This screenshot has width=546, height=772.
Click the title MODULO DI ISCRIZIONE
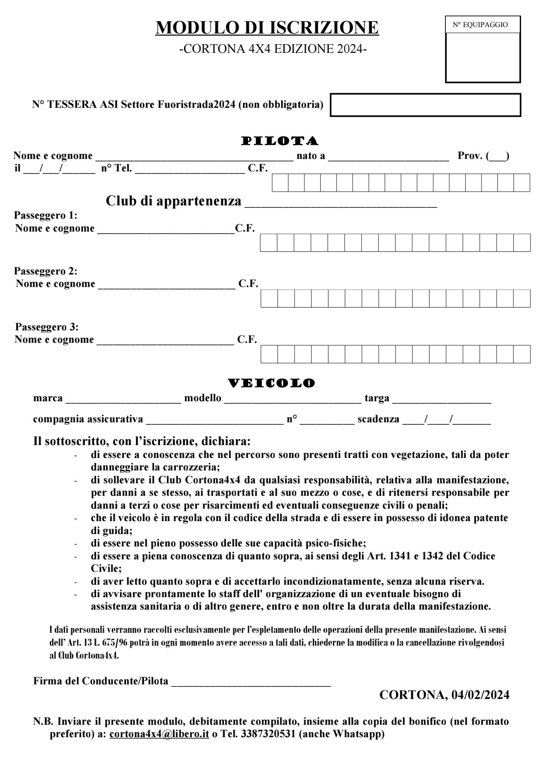pyautogui.click(x=267, y=27)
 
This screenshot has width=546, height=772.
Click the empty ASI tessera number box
pyautogui.click(x=425, y=105)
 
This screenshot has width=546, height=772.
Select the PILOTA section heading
pyautogui.click(x=280, y=141)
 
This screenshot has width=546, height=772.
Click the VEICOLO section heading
pyautogui.click(x=271, y=383)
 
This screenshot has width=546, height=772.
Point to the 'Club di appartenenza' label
pyautogui.click(x=173, y=201)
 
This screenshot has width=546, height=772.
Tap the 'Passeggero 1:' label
pyautogui.click(x=46, y=215)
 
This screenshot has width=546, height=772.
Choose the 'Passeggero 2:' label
pyautogui.click(x=46, y=271)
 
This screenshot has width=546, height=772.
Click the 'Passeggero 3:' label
pyautogui.click(x=47, y=327)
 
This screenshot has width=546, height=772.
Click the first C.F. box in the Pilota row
pyautogui.click(x=280, y=183)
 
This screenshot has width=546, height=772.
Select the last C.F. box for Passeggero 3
pyautogui.click(x=522, y=354)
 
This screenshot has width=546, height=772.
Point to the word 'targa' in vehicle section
pyautogui.click(x=377, y=398)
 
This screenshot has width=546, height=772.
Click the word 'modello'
pyautogui.click(x=202, y=398)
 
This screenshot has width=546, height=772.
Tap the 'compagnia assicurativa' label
pyautogui.click(x=88, y=419)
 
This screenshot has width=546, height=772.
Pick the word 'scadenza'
pyautogui.click(x=378, y=419)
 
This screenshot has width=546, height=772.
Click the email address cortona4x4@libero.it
pyautogui.click(x=159, y=734)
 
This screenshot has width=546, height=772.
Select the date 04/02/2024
pyautogui.click(x=480, y=695)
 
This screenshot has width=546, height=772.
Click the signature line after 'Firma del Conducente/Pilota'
pyautogui.click(x=251, y=681)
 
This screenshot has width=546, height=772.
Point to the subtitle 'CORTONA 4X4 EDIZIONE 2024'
pyautogui.click(x=273, y=49)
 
